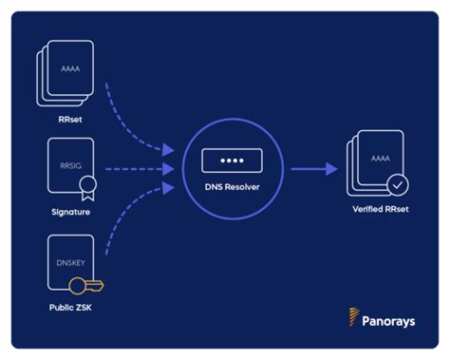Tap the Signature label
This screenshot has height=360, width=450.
tap(71, 212)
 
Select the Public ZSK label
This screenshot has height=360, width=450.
tap(71, 308)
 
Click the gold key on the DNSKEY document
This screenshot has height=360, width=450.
tap(92, 284)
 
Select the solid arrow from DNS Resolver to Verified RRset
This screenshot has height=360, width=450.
tap(313, 169)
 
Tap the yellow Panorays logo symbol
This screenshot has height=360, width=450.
tap(354, 317)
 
